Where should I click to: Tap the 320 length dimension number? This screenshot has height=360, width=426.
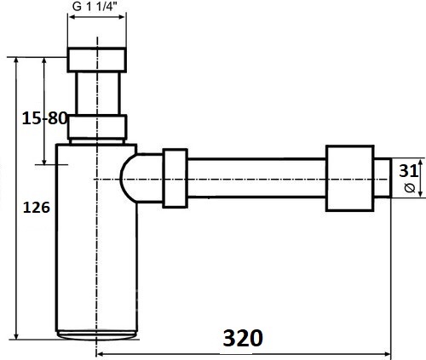click(243, 338)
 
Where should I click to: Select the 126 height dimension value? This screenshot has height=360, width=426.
click(37, 208)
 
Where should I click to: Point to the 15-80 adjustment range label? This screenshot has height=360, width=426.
click(44, 118)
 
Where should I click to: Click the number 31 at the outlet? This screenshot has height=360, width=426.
click(408, 171)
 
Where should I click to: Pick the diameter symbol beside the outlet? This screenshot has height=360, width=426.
click(409, 188)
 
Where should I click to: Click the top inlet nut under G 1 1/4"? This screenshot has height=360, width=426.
click(97, 60)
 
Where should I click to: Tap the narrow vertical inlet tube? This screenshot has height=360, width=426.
click(98, 94)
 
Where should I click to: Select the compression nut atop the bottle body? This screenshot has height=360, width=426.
click(97, 127)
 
